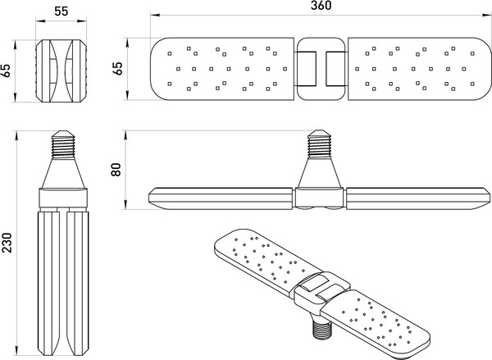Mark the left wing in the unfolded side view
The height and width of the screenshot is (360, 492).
pos(220,197)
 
